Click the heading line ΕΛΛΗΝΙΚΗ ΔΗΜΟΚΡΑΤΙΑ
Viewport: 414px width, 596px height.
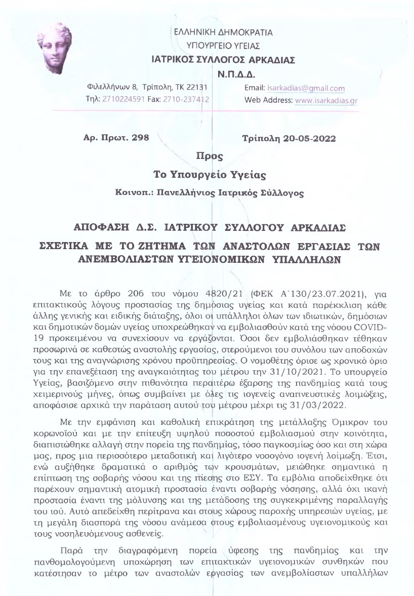coord(223,33)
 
